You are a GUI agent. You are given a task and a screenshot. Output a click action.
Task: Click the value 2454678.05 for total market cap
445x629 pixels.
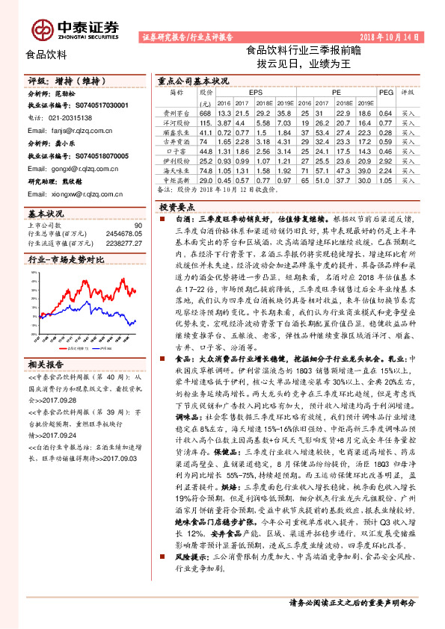[x=122, y=233]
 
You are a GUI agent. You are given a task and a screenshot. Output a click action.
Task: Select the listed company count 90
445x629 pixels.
[x=138, y=225]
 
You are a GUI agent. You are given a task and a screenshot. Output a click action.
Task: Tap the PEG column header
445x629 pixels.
[x=385, y=93]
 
